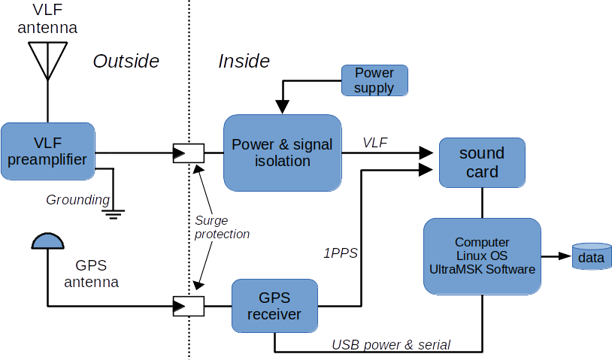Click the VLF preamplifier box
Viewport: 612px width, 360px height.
coord(49,150)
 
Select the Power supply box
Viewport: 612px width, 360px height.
coord(374,80)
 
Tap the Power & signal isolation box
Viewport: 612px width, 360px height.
coord(282,152)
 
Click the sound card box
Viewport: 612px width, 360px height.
coord(481,163)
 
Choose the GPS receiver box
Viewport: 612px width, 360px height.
coord(274,305)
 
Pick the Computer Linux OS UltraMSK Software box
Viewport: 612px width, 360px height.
coord(482,256)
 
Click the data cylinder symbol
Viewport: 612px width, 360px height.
coord(591,257)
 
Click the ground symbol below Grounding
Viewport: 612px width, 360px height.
coord(114,213)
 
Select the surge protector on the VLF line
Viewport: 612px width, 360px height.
coord(188,154)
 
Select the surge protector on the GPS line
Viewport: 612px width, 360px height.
coord(188,306)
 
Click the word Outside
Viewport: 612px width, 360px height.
coord(126,62)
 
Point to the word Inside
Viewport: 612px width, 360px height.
coord(244,62)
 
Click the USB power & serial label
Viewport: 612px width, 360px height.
coord(391,345)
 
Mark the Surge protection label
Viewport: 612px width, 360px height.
coord(222,227)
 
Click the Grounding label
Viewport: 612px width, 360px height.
coord(77,200)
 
